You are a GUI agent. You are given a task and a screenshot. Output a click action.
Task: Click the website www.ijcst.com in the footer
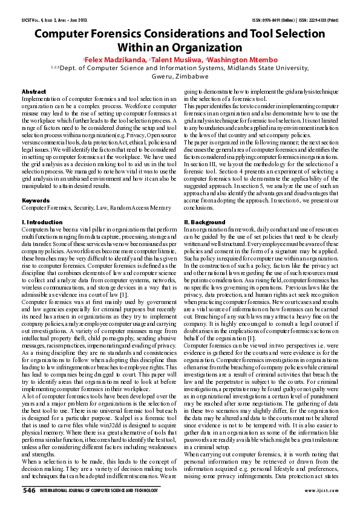322,490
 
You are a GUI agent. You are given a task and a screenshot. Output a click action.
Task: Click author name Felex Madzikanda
116,59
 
